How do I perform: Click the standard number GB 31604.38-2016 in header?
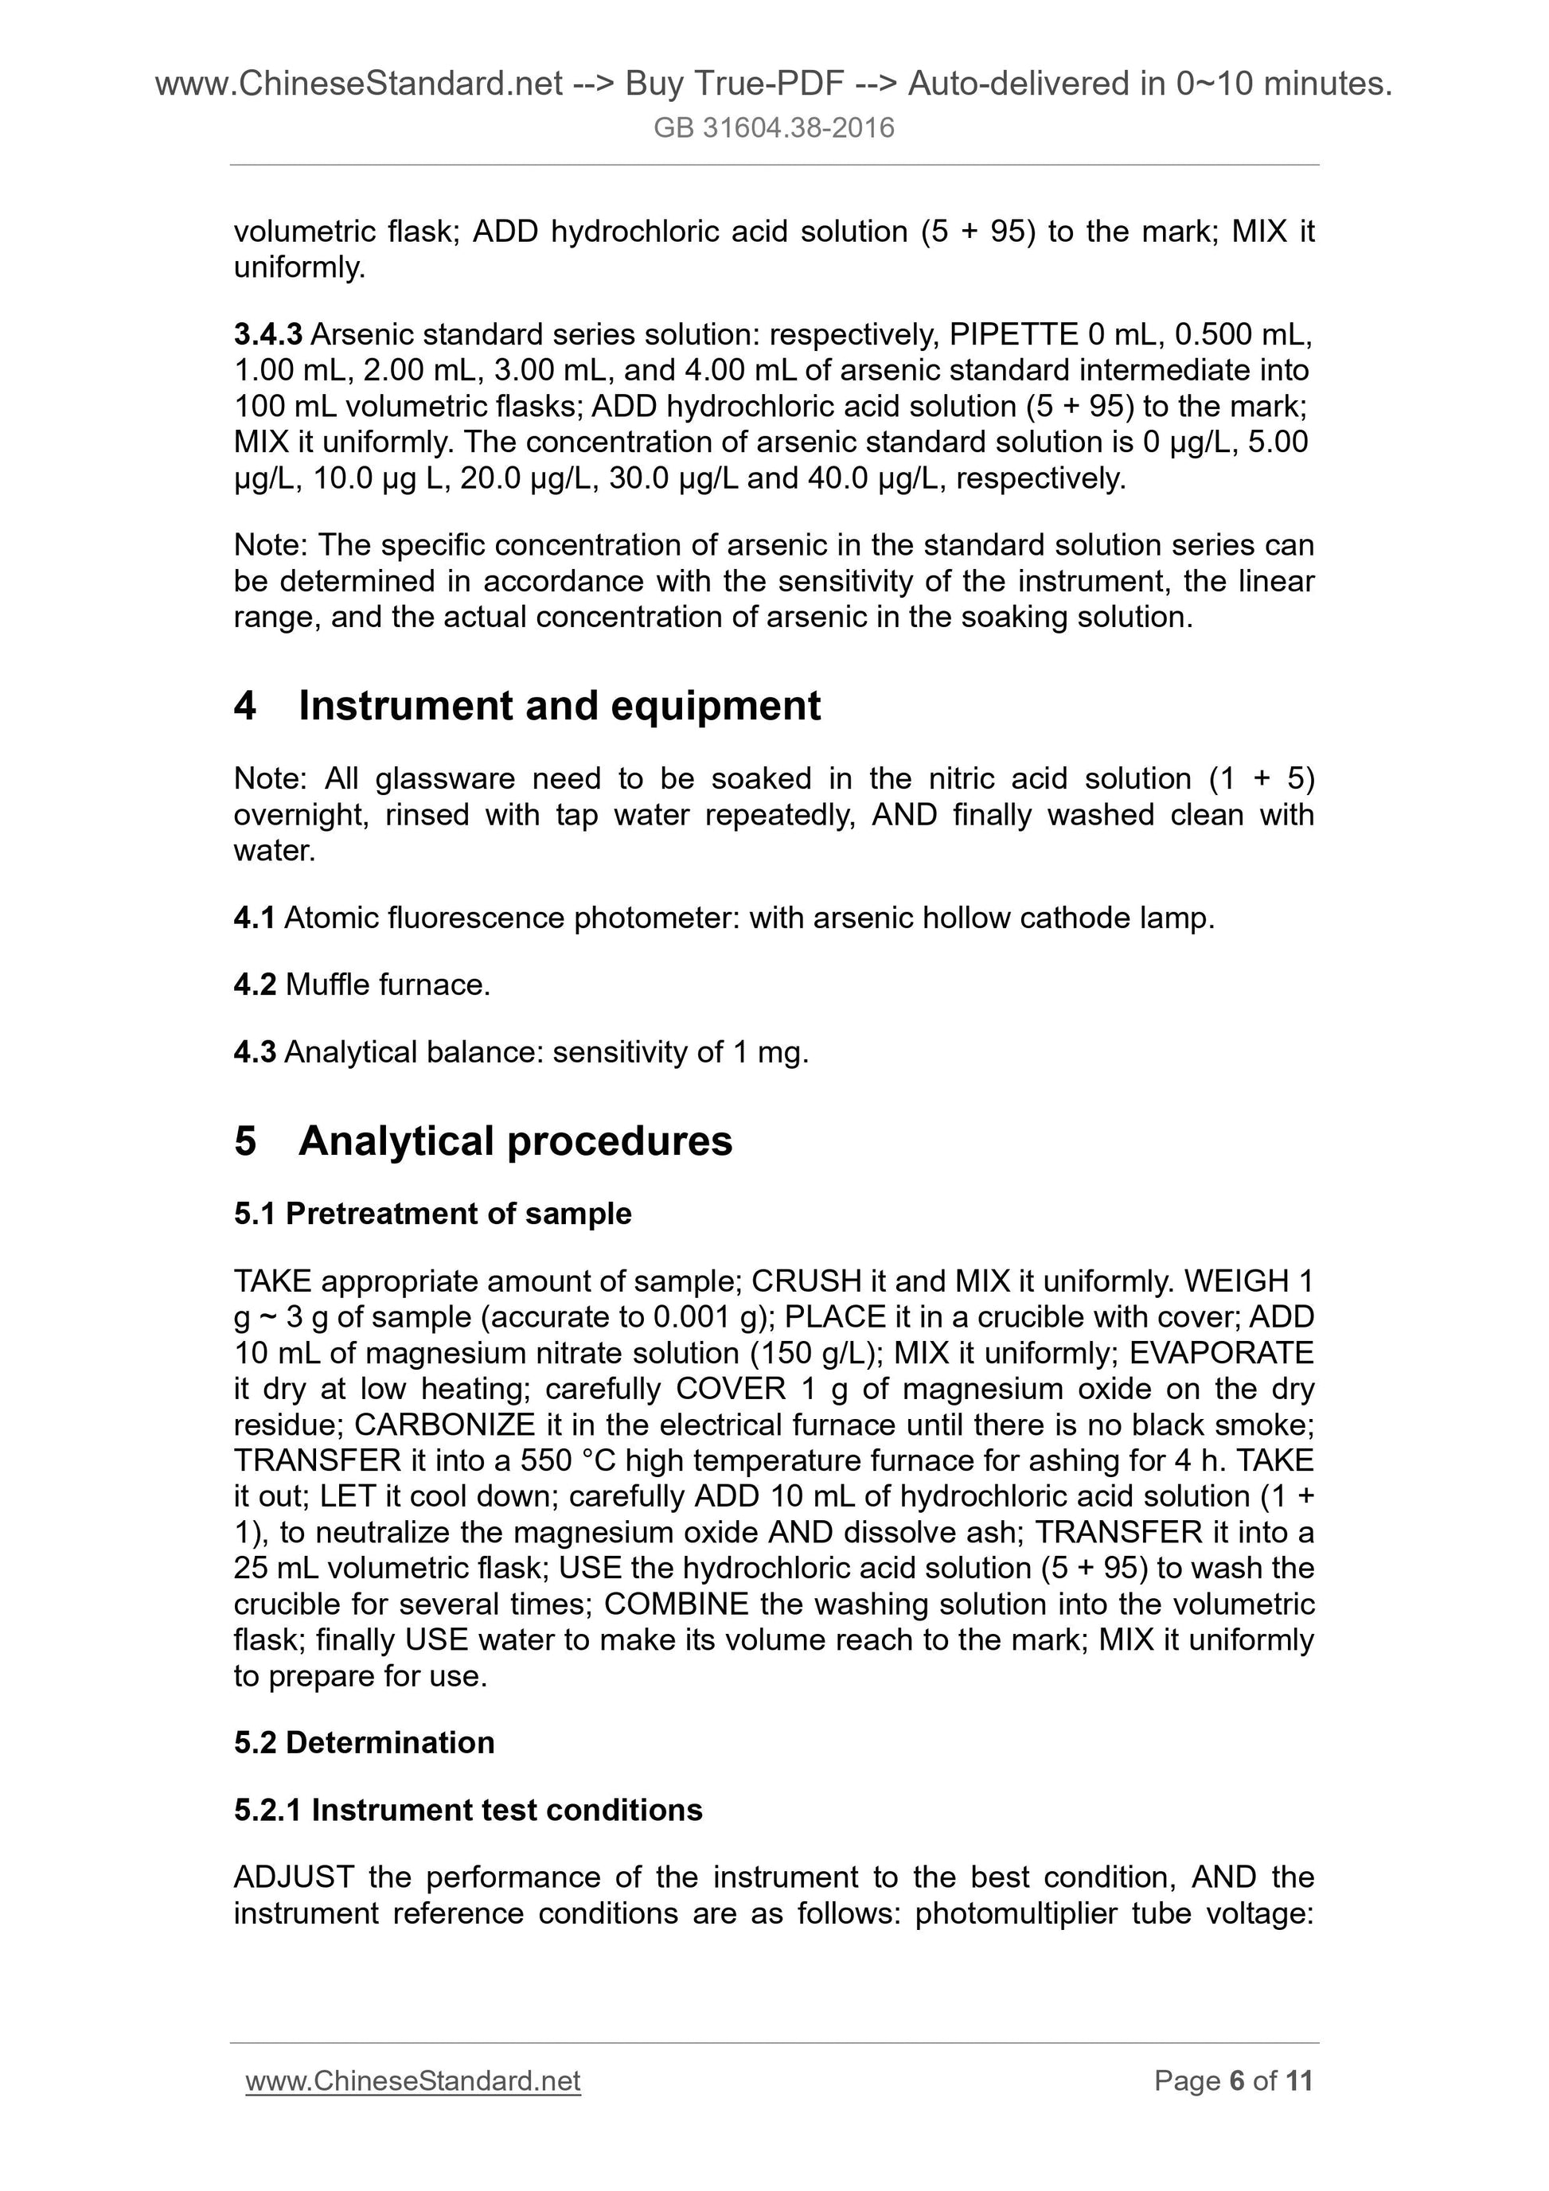click(x=774, y=128)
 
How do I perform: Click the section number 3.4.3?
click(x=267, y=334)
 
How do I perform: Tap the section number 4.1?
click(x=254, y=918)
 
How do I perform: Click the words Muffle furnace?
click(x=388, y=984)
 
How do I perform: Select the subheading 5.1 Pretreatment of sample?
click(x=432, y=1214)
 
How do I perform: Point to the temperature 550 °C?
click(x=569, y=1461)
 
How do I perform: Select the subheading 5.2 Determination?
click(x=364, y=1742)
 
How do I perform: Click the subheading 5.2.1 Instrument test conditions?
click(x=468, y=1811)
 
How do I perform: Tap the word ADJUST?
click(x=293, y=1877)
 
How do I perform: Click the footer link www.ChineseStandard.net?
click(x=412, y=2081)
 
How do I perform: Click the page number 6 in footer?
click(x=1237, y=2081)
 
